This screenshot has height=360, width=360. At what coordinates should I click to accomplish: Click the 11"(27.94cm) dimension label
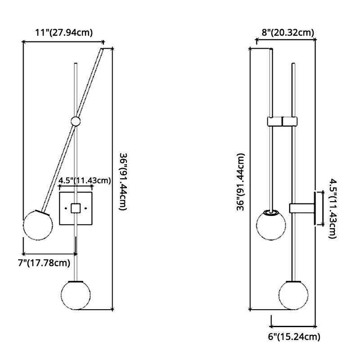tap(64, 32)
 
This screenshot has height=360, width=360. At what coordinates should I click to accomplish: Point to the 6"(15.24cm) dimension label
tap(295, 336)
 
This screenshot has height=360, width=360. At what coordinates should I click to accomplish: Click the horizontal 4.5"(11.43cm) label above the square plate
tap(85, 181)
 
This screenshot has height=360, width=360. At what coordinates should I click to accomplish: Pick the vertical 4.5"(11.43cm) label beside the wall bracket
tap(333, 208)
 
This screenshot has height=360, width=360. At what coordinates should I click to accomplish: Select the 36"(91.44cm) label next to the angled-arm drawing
tap(122, 182)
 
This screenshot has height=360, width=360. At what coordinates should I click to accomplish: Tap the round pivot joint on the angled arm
tap(76, 121)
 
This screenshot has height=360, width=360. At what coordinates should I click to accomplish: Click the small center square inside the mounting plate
tap(76, 208)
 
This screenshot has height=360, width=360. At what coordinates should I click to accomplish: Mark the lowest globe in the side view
tap(293, 295)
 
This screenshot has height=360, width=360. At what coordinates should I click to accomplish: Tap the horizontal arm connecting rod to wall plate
tap(302, 208)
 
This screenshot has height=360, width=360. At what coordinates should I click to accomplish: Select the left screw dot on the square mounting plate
tap(66, 208)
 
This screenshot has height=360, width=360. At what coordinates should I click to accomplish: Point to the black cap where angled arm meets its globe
tap(43, 211)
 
